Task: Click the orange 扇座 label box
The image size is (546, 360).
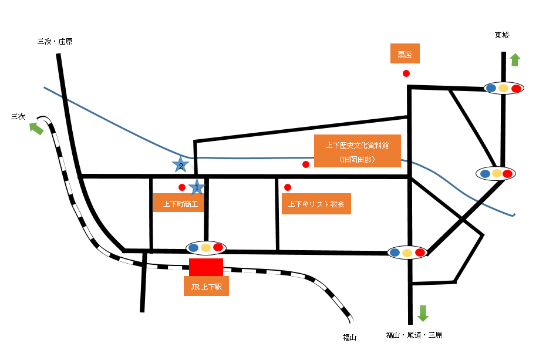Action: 405,53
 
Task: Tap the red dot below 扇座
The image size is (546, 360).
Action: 406,73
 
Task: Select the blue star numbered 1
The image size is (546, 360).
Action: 197,187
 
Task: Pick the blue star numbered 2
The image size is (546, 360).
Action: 180,164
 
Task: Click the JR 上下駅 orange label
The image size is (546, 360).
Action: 206,286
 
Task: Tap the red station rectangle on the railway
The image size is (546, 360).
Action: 206,267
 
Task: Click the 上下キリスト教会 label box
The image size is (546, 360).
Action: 316,204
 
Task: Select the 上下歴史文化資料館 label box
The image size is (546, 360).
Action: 358,151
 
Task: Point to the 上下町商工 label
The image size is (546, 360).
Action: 178,203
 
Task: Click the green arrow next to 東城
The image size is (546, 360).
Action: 515,60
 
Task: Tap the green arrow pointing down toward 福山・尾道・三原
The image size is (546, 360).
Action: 423,313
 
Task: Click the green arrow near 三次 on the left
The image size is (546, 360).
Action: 36,128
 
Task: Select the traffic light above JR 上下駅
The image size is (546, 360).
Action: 206,248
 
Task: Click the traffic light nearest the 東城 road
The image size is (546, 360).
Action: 504,88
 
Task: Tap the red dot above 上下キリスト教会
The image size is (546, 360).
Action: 287,187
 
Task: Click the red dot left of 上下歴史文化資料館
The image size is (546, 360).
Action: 306,164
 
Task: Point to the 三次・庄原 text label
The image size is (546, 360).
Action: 55,42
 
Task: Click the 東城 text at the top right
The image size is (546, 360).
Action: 502,35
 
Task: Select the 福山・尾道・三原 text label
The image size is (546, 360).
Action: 414,335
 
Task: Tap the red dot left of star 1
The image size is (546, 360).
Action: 182,187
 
